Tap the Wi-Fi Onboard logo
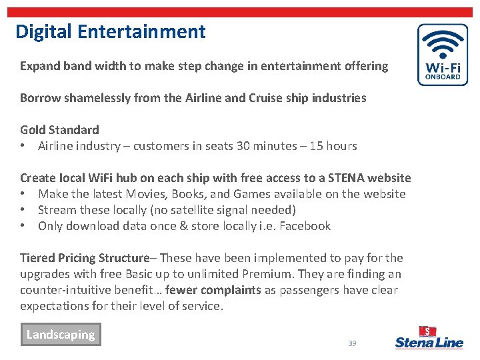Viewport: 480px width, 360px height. coord(442,55)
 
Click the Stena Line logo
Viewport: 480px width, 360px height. coord(429,338)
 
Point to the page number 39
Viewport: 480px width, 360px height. coord(352,343)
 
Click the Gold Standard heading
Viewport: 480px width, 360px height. coord(59,130)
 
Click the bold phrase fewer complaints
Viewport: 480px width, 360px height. coord(213,290)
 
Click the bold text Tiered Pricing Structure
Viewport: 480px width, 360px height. coord(85,258)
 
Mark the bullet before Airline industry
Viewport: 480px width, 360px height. coord(23,146)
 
